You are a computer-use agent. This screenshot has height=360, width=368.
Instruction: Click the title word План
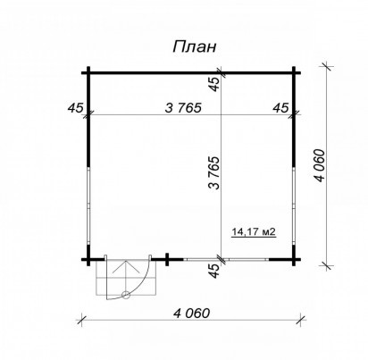coord(195,47)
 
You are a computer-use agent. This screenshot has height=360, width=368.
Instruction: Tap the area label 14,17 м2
coord(254,231)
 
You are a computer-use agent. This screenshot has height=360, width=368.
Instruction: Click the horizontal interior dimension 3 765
coord(183,108)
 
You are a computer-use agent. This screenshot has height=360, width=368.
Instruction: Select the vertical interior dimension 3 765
coord(214,173)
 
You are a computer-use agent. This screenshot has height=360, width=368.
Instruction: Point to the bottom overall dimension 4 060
coord(192,314)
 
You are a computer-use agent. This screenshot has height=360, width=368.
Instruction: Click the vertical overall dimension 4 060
coord(321,165)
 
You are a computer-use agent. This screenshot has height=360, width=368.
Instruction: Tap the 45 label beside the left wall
coord(75,108)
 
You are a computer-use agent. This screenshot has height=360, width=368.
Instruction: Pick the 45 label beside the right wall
coord(280,108)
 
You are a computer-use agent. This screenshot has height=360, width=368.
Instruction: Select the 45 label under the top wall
coord(214,84)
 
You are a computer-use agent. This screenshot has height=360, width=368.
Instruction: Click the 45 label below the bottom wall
coord(214,271)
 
